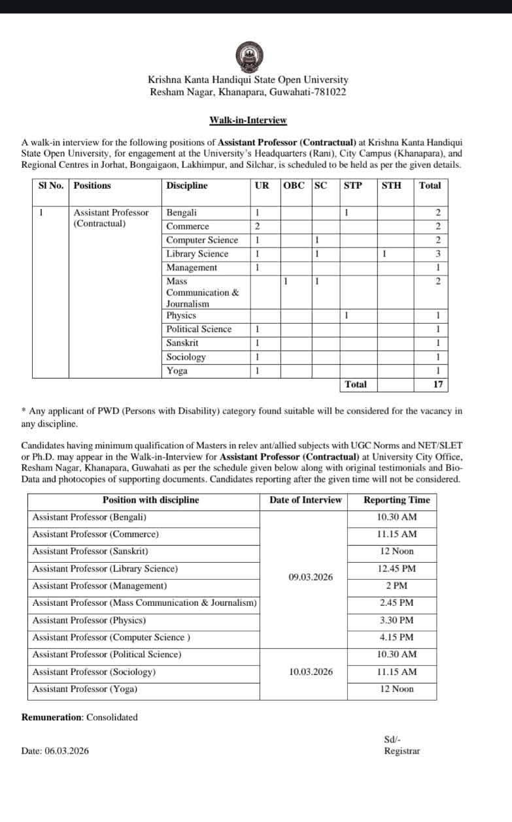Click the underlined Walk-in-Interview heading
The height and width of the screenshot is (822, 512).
click(248, 120)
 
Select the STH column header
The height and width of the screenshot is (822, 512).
click(391, 185)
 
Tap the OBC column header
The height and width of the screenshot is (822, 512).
click(294, 185)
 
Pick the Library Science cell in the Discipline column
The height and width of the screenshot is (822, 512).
click(197, 254)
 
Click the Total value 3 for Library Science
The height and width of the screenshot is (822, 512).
click(437, 254)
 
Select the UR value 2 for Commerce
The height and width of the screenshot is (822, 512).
click(258, 227)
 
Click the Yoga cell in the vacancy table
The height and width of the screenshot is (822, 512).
click(177, 371)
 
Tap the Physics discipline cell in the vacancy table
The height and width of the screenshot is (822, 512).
click(181, 315)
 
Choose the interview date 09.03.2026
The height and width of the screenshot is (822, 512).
click(310, 577)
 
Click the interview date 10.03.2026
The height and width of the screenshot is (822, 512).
click(310, 671)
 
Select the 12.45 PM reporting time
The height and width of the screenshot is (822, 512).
click(396, 569)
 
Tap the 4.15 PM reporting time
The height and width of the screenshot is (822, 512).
click(396, 637)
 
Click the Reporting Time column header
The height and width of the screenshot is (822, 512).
click(396, 500)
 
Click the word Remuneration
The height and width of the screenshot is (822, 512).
click(52, 718)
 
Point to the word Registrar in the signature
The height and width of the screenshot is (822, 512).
click(401, 751)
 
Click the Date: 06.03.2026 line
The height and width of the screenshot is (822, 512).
click(55, 751)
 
